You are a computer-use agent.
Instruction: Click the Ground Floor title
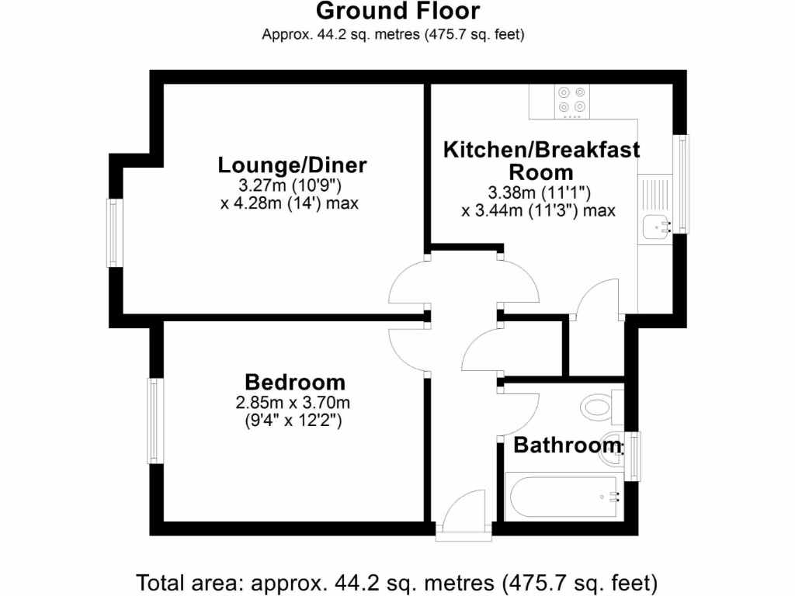click(397, 12)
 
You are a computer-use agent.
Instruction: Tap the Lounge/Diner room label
click(292, 165)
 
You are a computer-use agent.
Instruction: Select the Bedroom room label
click(295, 382)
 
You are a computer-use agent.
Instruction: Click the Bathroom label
click(568, 445)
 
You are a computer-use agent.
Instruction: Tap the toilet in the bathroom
click(599, 406)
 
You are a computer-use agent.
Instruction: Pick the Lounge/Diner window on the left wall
click(115, 233)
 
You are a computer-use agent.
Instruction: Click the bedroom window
click(155, 421)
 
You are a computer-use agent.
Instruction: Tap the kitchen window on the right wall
click(682, 184)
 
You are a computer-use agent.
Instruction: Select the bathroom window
click(635, 456)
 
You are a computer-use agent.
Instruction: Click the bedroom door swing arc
click(408, 349)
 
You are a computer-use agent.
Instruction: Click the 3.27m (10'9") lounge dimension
click(292, 186)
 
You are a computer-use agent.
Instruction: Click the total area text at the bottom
click(397, 581)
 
